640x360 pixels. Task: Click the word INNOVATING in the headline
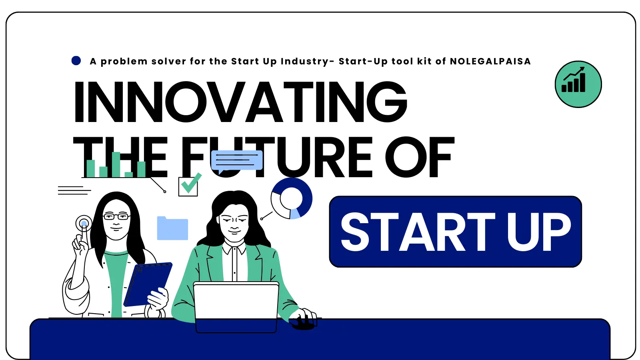tap(240, 102)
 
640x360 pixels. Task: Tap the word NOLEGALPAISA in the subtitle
tap(490, 61)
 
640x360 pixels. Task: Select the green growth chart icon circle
tap(578, 84)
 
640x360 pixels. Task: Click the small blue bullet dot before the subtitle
tap(76, 61)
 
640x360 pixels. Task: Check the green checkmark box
tap(188, 185)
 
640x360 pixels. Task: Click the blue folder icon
tap(172, 228)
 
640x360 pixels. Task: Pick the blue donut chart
tap(292, 198)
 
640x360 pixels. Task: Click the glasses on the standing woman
tap(116, 217)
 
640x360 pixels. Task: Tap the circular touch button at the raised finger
tap(84, 223)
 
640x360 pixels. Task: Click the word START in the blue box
tap(418, 232)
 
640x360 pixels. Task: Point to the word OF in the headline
tap(420, 157)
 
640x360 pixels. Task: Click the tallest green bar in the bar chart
tap(116, 164)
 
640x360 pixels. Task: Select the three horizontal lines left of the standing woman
tap(74, 190)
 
